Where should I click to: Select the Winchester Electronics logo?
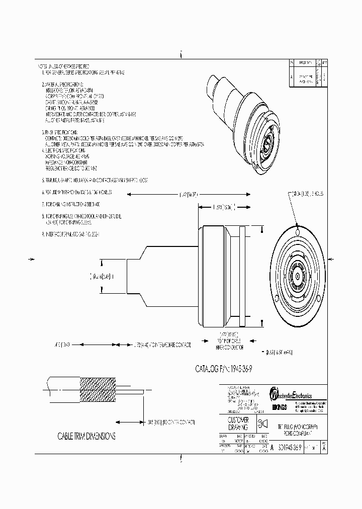pyautogui.click(x=291, y=392)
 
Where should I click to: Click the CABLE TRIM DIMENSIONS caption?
pyautogui.click(x=86, y=436)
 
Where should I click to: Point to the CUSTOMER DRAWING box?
pyautogui.click(x=238, y=423)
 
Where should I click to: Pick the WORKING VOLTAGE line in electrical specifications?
pyautogui.click(x=66, y=156)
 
